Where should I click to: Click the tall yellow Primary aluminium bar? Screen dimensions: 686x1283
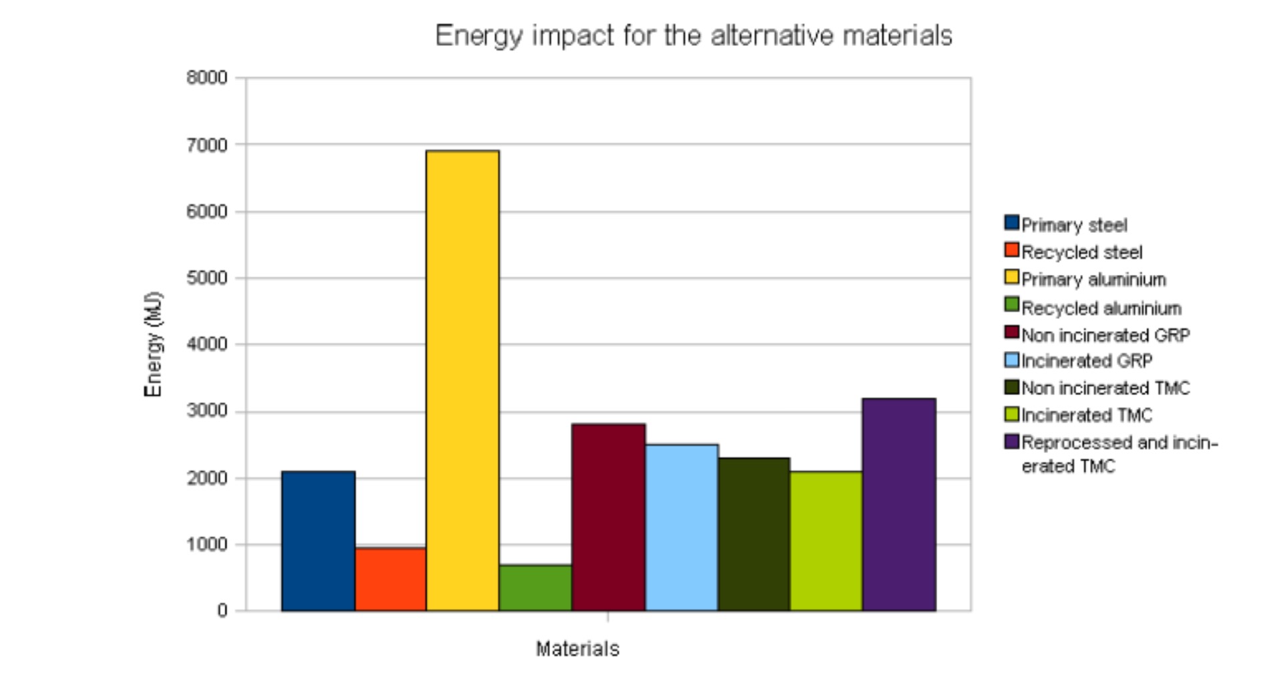[463, 380]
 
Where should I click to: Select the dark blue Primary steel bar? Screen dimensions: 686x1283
[318, 541]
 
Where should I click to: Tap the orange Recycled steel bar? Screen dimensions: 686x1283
[391, 579]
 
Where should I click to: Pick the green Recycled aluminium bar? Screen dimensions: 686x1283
[535, 588]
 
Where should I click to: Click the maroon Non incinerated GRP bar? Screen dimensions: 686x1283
[608, 517]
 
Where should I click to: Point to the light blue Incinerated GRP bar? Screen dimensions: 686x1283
[682, 527]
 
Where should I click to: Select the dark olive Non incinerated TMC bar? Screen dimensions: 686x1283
[754, 534]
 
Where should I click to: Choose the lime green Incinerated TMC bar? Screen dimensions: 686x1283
[826, 541]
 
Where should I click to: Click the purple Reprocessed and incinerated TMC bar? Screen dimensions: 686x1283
[899, 504]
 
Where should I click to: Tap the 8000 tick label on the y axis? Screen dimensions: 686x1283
[207, 78]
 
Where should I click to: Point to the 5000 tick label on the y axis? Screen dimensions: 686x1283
[207, 278]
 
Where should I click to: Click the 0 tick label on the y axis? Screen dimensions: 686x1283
[222, 611]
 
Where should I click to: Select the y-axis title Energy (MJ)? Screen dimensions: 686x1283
[153, 344]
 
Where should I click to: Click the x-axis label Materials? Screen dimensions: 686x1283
[577, 649]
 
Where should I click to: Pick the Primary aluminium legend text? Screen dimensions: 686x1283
[1093, 280]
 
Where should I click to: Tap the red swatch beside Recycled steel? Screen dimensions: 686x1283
[1011, 250]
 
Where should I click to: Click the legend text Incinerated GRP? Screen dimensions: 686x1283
[1087, 361]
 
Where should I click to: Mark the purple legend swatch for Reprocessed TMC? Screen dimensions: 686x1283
[1011, 442]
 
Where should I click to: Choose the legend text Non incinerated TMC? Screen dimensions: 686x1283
[1105, 388]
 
